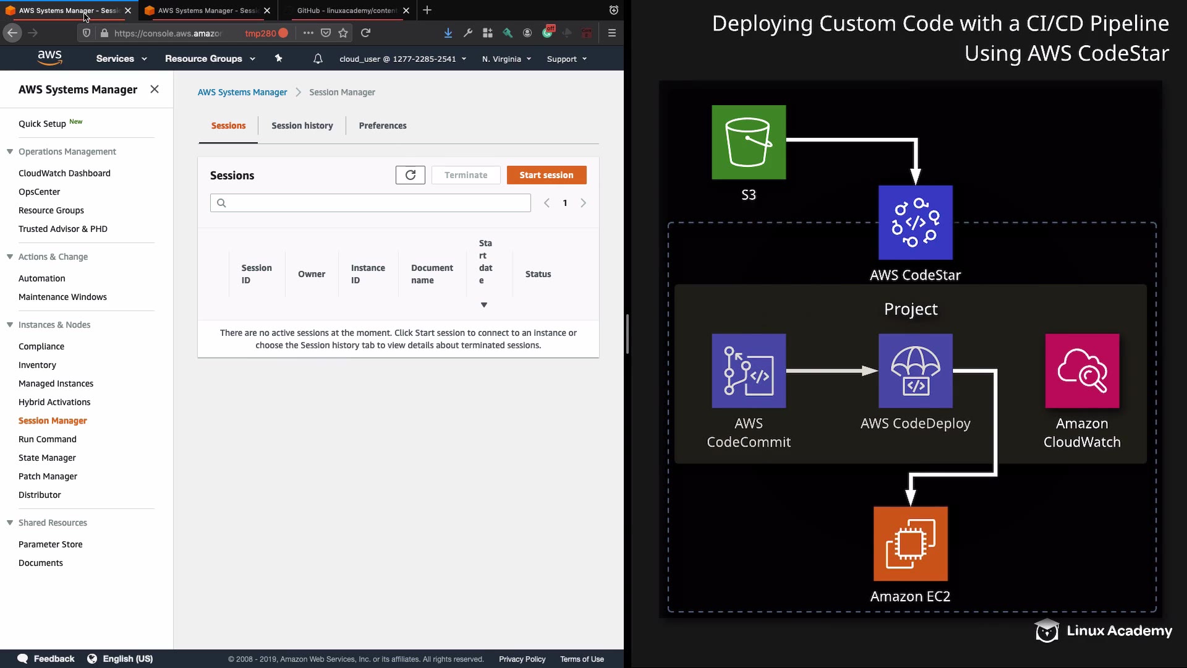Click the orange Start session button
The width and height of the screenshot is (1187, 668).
[x=547, y=175]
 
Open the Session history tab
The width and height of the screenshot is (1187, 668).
[x=302, y=126]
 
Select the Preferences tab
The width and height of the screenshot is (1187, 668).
[x=383, y=126]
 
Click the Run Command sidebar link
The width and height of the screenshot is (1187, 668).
[x=48, y=439]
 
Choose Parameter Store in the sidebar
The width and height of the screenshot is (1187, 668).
[x=51, y=544]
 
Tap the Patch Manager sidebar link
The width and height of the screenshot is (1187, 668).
[x=48, y=476]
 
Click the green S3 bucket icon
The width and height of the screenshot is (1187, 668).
[x=749, y=142]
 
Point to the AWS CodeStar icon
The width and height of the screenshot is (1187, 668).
[x=916, y=223]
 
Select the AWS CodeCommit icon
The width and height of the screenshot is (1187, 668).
[x=749, y=371]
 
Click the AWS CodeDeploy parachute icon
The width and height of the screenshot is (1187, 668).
[x=916, y=371]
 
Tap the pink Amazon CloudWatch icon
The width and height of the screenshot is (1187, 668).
[x=1082, y=371]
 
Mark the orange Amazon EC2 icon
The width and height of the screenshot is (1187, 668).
[x=911, y=544]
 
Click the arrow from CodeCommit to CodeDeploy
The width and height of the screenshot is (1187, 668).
[x=832, y=371]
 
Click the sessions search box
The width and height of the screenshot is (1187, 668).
[x=370, y=203]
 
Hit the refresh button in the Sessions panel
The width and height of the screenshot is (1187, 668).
[x=411, y=175]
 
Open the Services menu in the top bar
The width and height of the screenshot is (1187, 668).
[x=121, y=59]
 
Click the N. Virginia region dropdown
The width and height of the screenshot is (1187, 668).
[x=506, y=59]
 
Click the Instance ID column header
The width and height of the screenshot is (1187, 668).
[x=368, y=274]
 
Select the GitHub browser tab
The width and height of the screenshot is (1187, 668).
[x=346, y=11]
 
